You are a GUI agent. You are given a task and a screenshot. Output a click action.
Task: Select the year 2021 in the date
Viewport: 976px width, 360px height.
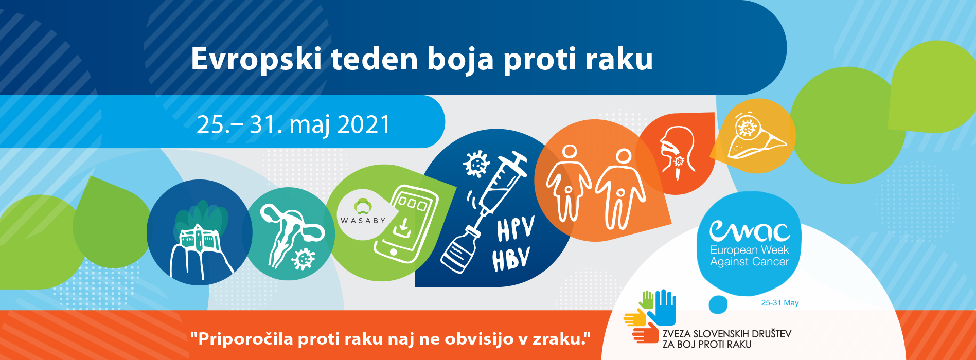pyautogui.click(x=364, y=125)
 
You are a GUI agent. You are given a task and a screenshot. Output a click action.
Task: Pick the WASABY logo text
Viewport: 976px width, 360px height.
pyautogui.click(x=363, y=220)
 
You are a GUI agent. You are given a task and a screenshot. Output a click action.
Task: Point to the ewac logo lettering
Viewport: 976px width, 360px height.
pyautogui.click(x=750, y=231)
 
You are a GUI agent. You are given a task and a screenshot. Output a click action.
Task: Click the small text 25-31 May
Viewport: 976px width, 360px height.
pyautogui.click(x=779, y=303)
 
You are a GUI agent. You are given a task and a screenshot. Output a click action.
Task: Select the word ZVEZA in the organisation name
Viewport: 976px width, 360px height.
pyautogui.click(x=676, y=334)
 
